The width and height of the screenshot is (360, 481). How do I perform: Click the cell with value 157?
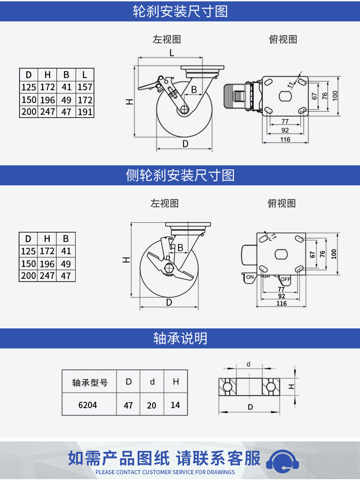[x=85, y=87]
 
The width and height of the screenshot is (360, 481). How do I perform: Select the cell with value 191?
[x=85, y=112]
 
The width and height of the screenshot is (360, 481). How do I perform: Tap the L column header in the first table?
[x=85, y=75]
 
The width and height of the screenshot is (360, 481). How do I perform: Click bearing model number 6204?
[x=88, y=405]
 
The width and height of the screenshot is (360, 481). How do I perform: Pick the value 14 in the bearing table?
[x=175, y=405]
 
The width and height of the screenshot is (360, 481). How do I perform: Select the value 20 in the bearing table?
[x=152, y=405]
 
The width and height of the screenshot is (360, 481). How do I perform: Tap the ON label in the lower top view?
[x=250, y=277]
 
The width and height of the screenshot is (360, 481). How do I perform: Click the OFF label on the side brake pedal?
[x=285, y=279]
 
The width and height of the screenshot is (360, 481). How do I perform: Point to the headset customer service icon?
[x=283, y=461]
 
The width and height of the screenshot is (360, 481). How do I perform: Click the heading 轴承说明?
[x=180, y=338]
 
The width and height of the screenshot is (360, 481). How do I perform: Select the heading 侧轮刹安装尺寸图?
[x=180, y=175]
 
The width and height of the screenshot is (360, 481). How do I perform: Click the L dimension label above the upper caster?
[x=172, y=53]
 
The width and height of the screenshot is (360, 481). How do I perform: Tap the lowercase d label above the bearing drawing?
[x=249, y=364]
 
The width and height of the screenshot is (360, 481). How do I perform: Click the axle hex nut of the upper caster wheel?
[x=184, y=109]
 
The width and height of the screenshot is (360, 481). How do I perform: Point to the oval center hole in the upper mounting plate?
[x=285, y=96]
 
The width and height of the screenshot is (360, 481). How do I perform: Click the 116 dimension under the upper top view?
[x=285, y=139]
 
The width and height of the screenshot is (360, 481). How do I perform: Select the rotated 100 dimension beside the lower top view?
[x=334, y=254]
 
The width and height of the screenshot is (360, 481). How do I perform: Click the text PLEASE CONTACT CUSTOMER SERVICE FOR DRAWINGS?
[x=165, y=472]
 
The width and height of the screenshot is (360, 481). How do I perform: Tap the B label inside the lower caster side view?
[x=180, y=247]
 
